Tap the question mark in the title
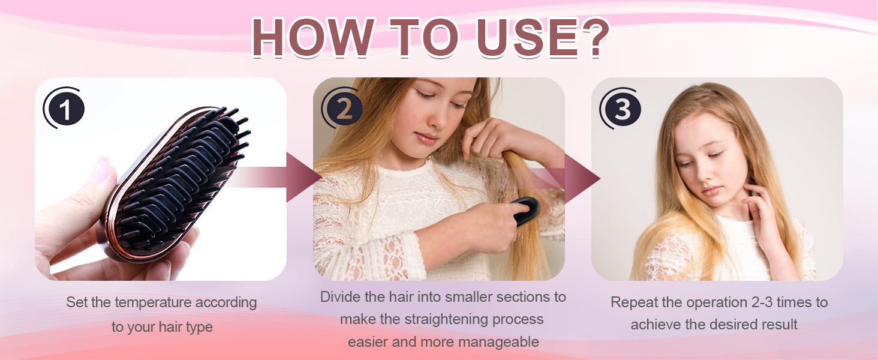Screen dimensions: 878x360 point(594,38)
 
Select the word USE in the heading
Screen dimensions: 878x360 point(527,38)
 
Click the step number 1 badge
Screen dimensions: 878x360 point(64,108)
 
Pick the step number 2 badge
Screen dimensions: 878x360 point(342,108)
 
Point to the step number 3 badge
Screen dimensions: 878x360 point(621,108)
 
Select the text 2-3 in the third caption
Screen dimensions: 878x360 point(762,302)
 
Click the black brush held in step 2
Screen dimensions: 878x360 point(525,211)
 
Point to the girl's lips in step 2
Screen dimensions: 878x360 point(425,139)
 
